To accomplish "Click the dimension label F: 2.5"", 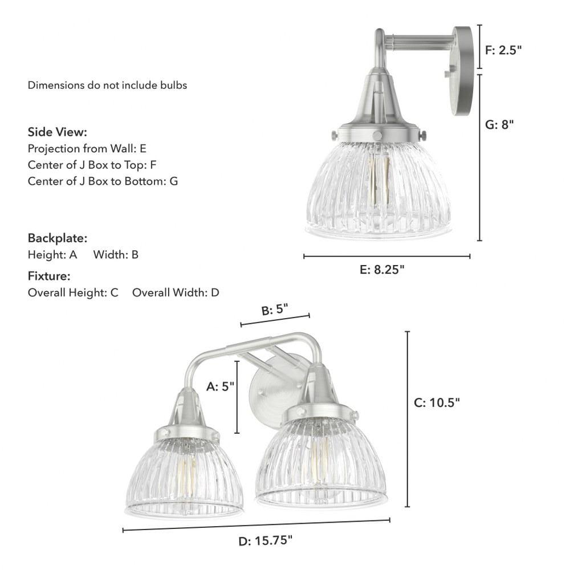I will pyautogui.click(x=503, y=50).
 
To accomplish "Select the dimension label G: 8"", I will pyautogui.click(x=499, y=124).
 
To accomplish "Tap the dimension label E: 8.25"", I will pyautogui.click(x=382, y=270).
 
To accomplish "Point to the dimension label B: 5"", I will pyautogui.click(x=275, y=310).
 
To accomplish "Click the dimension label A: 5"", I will pyautogui.click(x=220, y=386).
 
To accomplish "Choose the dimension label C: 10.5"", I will pyautogui.click(x=437, y=402).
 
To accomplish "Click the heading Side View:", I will pyautogui.click(x=58, y=132).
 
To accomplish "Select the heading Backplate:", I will pyautogui.click(x=58, y=238).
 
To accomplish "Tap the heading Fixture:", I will pyautogui.click(x=49, y=276).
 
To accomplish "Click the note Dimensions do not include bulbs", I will pyautogui.click(x=108, y=85).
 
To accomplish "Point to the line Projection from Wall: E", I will pyautogui.click(x=87, y=149).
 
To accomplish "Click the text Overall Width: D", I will pyautogui.click(x=176, y=293).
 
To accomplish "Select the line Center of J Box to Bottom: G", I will pyautogui.click(x=103, y=181).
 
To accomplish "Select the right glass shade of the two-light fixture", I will pyautogui.click(x=321, y=465).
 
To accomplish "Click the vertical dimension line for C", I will pyautogui.click(x=408, y=419).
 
